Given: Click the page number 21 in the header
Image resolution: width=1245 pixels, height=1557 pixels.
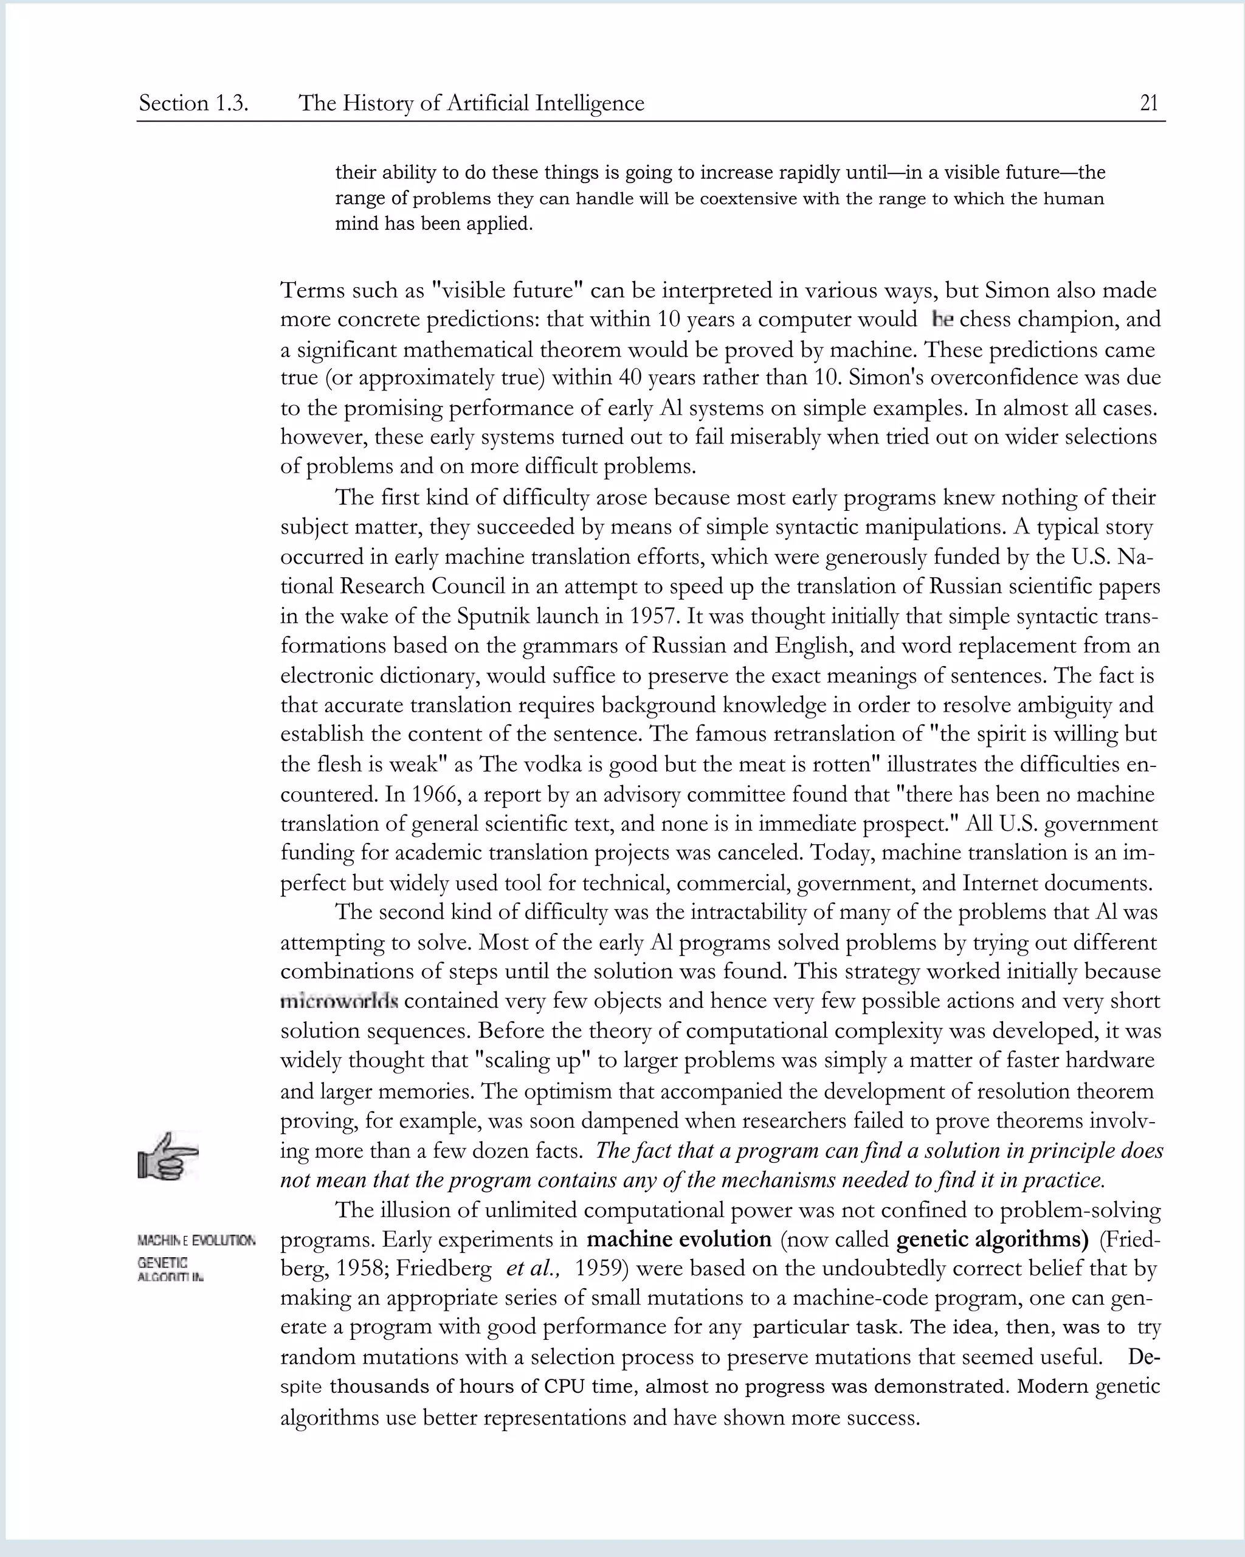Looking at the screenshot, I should (1148, 103).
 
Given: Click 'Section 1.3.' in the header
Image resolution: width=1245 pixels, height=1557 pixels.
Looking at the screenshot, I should (193, 103).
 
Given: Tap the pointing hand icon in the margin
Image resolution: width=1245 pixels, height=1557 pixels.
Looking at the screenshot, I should (167, 1156).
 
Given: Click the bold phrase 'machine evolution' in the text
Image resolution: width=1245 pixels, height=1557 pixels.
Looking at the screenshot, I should (678, 1240).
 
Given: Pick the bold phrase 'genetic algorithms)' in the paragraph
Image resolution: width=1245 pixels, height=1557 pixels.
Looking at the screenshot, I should (992, 1240).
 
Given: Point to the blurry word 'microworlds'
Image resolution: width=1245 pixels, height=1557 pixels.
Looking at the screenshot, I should (339, 1002).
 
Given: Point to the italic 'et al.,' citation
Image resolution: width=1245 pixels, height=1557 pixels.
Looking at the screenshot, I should (533, 1269).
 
